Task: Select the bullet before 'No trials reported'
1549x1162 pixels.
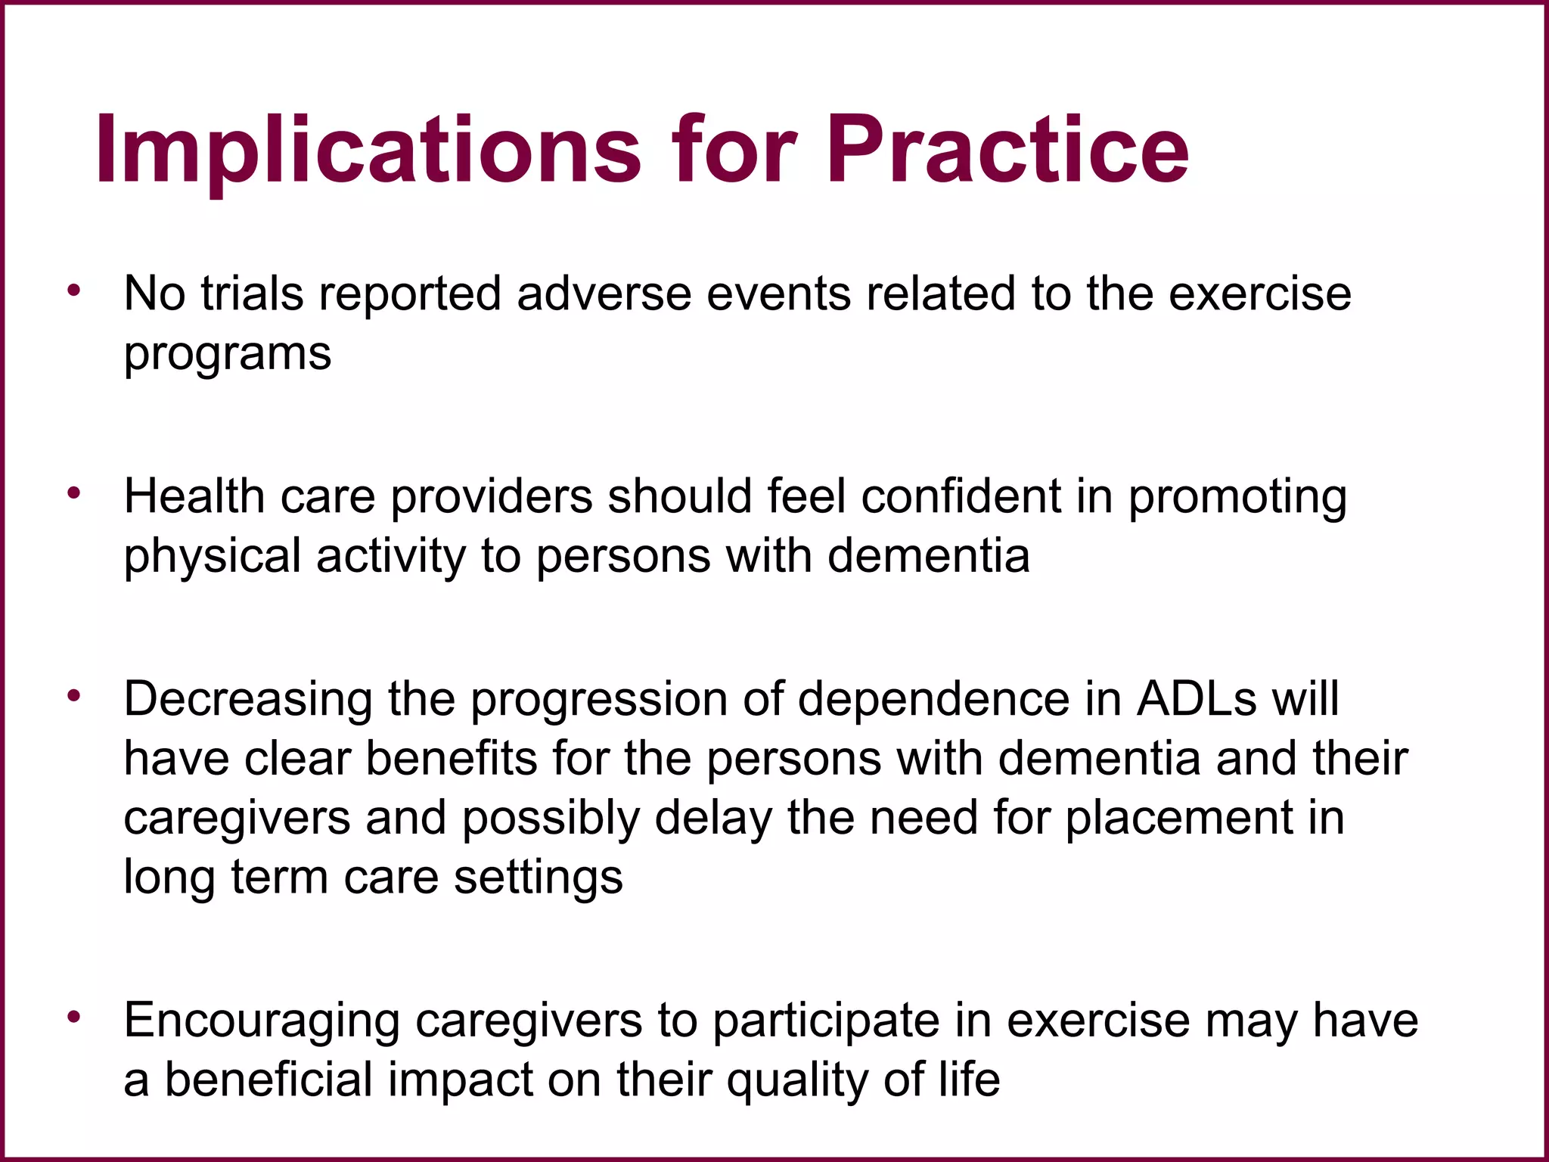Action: point(73,290)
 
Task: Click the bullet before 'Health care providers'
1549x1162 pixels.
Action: point(73,494)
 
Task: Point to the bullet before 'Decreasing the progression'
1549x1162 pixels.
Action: point(73,696)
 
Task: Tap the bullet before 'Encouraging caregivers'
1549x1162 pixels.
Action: point(73,1018)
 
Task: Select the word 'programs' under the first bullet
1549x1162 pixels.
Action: point(228,354)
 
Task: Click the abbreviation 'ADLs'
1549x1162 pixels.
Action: point(1197,699)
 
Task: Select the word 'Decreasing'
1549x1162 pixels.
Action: point(248,701)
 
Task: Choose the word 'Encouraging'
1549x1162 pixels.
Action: point(262,1022)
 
